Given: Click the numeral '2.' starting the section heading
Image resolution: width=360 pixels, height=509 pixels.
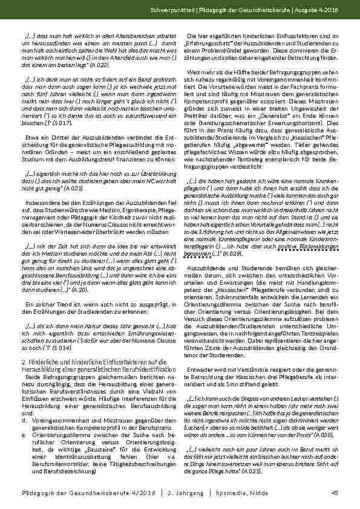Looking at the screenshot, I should pyautogui.click(x=24, y=343).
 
